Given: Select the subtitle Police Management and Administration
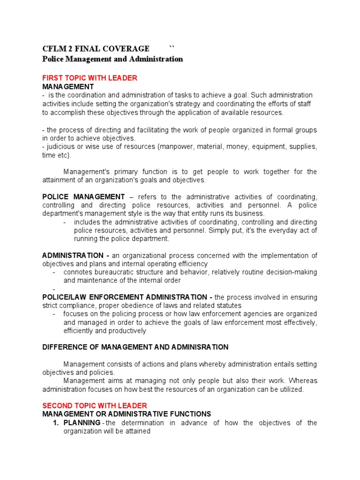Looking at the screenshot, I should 112,59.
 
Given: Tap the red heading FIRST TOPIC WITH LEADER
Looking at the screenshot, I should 90,78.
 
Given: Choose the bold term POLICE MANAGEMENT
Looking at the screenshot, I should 83,196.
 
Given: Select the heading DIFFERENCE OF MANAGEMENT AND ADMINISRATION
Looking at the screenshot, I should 135,347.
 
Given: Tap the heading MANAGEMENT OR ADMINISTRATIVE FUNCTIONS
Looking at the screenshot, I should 127,414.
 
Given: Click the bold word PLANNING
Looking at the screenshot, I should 82,423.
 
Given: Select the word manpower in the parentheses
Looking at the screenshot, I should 176,147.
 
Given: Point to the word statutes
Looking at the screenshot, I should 229,306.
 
